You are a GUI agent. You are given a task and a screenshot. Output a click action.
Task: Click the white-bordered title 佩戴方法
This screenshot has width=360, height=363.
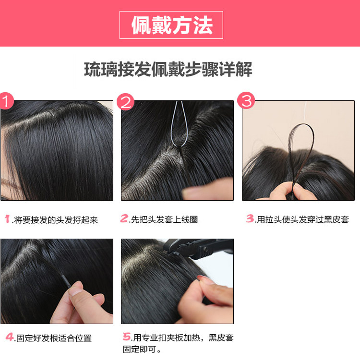point(171,24)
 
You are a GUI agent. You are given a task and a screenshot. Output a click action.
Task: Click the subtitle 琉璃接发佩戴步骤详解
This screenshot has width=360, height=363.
point(168,70)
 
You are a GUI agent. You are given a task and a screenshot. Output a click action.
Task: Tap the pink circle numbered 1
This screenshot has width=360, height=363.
point(6,101)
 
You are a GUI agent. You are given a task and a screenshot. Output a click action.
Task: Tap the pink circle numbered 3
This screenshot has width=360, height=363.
point(246,101)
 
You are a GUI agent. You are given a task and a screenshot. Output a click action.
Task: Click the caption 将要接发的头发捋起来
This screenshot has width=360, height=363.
point(56,220)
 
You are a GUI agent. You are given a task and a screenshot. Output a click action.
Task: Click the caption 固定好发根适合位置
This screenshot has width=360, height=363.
point(53,338)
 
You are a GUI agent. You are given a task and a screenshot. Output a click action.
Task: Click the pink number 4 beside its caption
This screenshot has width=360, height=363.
point(10,337)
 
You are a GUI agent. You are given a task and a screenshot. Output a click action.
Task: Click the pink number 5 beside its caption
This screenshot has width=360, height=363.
point(126,337)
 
